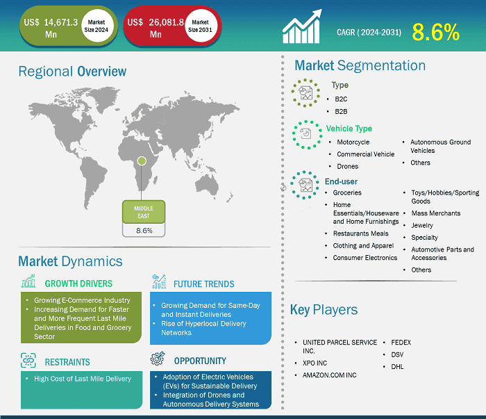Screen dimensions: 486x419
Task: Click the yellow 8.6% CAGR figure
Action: [x=435, y=32]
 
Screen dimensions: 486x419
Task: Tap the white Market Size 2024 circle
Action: [x=97, y=26]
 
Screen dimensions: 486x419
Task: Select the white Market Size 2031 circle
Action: [x=200, y=26]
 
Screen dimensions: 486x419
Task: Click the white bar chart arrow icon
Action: [x=302, y=26]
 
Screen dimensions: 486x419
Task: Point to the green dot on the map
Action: [x=142, y=161]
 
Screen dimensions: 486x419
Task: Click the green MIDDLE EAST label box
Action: [x=144, y=212]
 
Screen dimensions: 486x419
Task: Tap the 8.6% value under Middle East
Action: [x=144, y=231]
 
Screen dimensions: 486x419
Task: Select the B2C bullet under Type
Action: [x=341, y=99]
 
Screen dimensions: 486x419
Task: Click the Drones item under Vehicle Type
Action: [x=347, y=166]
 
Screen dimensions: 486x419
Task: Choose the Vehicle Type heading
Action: [x=349, y=129]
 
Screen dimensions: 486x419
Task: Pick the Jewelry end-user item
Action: [x=422, y=225]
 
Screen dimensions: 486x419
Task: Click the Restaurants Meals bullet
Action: [x=361, y=233]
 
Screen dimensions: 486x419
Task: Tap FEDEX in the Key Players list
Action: [x=401, y=343]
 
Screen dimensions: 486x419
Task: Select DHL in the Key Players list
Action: [x=397, y=367]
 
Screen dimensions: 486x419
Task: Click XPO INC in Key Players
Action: [x=315, y=363]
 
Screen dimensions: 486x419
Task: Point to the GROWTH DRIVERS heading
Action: [x=78, y=284]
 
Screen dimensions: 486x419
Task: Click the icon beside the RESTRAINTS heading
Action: [x=28, y=361]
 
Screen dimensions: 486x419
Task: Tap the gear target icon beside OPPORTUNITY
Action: [x=158, y=359]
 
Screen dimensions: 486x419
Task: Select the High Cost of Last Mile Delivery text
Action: [x=83, y=379]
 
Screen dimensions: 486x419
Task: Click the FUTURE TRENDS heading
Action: [x=204, y=284]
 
